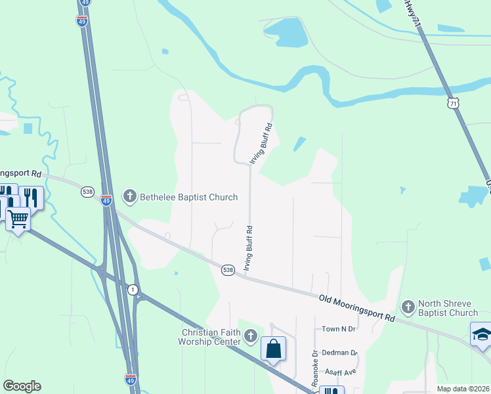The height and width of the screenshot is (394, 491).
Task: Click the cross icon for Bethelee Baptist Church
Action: tap(130, 196)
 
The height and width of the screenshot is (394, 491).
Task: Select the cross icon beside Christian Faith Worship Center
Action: tap(249, 337)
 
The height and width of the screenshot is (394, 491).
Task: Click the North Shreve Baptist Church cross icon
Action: tap(408, 307)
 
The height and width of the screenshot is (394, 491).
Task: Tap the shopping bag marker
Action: tap(273, 349)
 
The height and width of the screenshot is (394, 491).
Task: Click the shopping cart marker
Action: tap(18, 219)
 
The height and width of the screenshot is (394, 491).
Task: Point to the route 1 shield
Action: tap(133, 290)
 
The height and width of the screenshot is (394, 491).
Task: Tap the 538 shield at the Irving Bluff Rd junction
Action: tap(227, 270)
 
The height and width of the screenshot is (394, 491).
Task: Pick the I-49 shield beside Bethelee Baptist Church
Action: tap(106, 200)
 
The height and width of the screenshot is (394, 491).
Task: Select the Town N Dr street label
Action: tap(338, 328)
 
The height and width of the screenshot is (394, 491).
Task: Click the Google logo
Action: tap(22, 386)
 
